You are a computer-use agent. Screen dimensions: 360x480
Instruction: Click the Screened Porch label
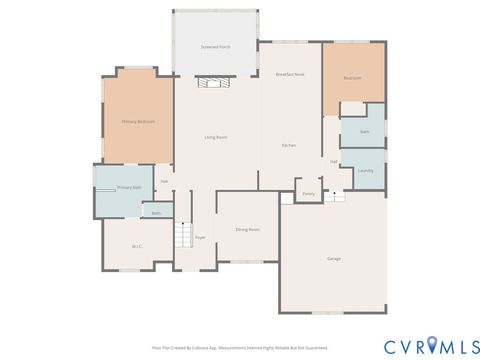(215, 47)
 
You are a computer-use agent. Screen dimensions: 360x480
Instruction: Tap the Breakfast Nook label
(290, 75)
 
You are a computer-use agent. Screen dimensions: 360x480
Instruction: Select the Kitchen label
(288, 146)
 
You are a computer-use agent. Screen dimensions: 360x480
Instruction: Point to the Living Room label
(215, 136)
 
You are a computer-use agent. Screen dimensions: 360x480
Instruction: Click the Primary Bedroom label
(138, 121)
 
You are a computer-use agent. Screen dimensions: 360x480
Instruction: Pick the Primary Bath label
(129, 187)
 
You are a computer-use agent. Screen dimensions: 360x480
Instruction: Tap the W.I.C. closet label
(137, 246)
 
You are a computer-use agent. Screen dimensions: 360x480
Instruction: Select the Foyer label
(200, 237)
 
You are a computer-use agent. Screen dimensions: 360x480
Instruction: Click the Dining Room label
(247, 229)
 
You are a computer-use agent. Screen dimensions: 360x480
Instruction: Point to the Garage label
(333, 258)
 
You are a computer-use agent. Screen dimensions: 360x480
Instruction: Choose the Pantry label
(308, 193)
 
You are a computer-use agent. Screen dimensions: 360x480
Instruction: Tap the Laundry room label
(365, 170)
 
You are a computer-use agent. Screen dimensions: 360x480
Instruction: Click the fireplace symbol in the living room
(214, 85)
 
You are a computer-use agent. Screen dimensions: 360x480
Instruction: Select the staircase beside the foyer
(183, 236)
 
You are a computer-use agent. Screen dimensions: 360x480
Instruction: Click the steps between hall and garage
(335, 196)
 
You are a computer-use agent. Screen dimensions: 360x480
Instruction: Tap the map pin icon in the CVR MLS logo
(432, 346)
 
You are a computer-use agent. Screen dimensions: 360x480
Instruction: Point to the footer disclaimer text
(239, 347)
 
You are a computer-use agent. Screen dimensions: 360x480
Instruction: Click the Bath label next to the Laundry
(363, 131)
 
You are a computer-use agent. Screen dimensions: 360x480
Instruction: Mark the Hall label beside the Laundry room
(333, 161)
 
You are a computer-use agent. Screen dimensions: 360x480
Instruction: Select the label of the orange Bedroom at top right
(353, 77)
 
